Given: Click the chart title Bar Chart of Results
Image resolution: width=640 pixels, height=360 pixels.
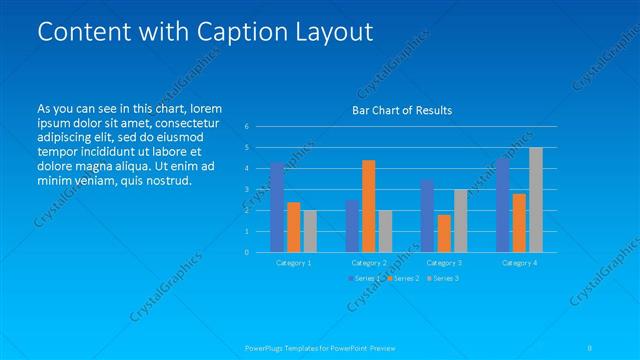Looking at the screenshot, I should (x=402, y=110).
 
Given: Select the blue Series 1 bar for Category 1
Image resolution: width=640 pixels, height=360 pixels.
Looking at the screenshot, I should (x=277, y=207).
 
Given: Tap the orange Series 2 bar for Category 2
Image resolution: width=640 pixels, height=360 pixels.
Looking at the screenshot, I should (x=368, y=206).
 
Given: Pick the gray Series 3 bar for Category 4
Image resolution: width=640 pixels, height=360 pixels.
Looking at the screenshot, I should (x=536, y=200).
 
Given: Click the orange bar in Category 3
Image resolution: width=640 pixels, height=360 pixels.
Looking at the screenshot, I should (x=444, y=233).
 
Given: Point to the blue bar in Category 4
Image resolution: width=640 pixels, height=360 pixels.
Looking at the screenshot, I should (x=502, y=205).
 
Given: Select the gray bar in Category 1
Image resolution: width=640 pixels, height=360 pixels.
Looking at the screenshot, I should (x=310, y=231).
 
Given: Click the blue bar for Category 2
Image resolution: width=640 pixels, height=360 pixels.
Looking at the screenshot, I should (x=352, y=226).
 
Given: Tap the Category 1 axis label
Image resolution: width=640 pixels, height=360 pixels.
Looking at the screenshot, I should (x=293, y=262).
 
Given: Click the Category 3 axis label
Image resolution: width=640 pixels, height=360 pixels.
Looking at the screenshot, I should (x=444, y=262).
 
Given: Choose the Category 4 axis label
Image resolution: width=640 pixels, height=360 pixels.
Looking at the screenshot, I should (x=519, y=262).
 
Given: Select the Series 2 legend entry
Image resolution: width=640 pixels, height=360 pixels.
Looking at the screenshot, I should (x=404, y=278).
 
